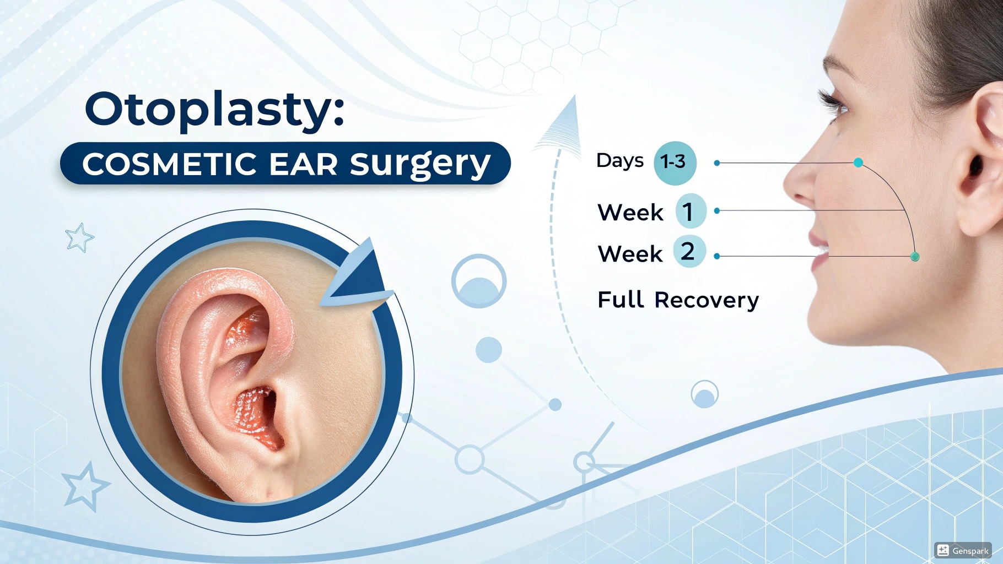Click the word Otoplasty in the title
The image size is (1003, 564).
click(x=209, y=110)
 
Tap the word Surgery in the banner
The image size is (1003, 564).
click(x=420, y=164)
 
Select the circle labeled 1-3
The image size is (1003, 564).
click(x=674, y=162)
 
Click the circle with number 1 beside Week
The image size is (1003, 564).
click(x=690, y=211)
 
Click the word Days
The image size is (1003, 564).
click(x=619, y=161)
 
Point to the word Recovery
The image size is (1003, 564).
click(x=707, y=300)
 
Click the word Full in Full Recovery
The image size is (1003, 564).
click(x=621, y=300)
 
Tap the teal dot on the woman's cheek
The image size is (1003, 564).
click(x=858, y=162)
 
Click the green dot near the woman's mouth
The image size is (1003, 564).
click(x=915, y=257)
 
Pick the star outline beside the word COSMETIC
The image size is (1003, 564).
click(x=79, y=238)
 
